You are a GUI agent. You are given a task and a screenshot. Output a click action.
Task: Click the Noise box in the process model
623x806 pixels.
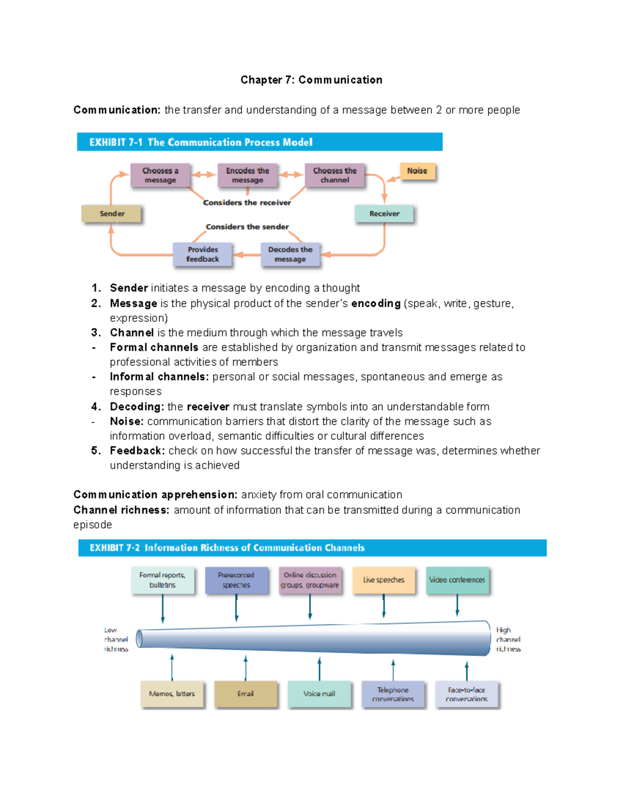tap(417, 171)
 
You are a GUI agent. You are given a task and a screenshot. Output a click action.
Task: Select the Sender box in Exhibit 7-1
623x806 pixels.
tap(112, 214)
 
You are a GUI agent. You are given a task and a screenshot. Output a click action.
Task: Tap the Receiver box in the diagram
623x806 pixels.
tap(384, 214)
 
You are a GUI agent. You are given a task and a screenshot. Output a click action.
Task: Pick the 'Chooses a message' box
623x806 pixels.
tap(160, 175)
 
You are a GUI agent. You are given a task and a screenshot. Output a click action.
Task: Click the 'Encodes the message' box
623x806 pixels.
tap(247, 175)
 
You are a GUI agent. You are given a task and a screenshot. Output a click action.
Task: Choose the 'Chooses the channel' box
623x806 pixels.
tap(334, 175)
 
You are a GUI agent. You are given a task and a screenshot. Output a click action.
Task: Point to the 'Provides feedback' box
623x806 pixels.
tap(202, 254)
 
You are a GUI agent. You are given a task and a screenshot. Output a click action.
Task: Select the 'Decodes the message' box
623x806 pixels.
tap(290, 254)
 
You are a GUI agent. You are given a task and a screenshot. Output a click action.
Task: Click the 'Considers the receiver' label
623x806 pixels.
tap(247, 202)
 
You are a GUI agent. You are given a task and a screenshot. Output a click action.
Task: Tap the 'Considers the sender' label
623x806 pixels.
tap(247, 227)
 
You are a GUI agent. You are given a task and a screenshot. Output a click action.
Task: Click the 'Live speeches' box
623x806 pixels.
tap(384, 580)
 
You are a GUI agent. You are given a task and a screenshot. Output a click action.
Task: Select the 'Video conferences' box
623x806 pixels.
tap(457, 580)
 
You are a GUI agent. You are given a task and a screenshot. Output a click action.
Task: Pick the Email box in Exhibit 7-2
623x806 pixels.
tap(246, 694)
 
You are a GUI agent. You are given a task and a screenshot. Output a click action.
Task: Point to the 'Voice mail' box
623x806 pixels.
tap(319, 694)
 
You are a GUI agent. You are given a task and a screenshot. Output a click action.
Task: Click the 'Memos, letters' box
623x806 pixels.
tap(172, 694)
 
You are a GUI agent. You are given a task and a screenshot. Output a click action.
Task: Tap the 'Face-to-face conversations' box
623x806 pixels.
tap(466, 694)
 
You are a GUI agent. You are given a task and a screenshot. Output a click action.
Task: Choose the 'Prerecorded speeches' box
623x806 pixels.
tap(236, 580)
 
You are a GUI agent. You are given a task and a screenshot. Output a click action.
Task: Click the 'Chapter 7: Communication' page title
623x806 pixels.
tap(311, 80)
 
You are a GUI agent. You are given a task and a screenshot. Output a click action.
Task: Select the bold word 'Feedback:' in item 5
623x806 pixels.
tap(137, 450)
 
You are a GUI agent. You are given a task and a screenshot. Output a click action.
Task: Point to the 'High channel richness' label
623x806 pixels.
tap(508, 639)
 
